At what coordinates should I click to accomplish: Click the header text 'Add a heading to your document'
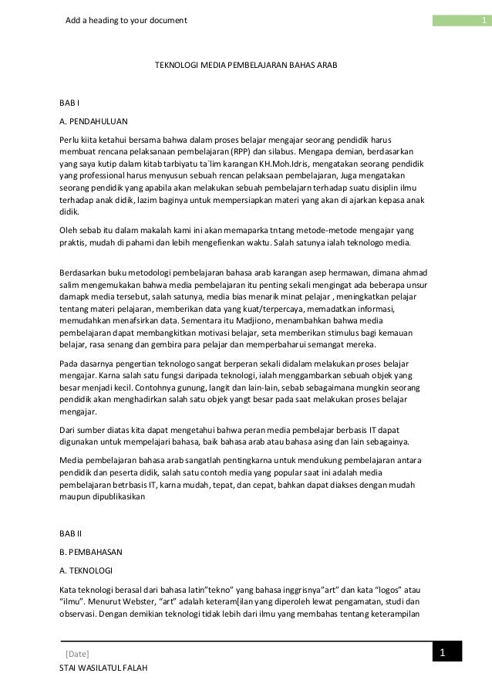(x=126, y=19)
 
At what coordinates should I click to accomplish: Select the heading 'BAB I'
(x=70, y=102)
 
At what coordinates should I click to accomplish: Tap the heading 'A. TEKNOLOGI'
(x=86, y=570)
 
